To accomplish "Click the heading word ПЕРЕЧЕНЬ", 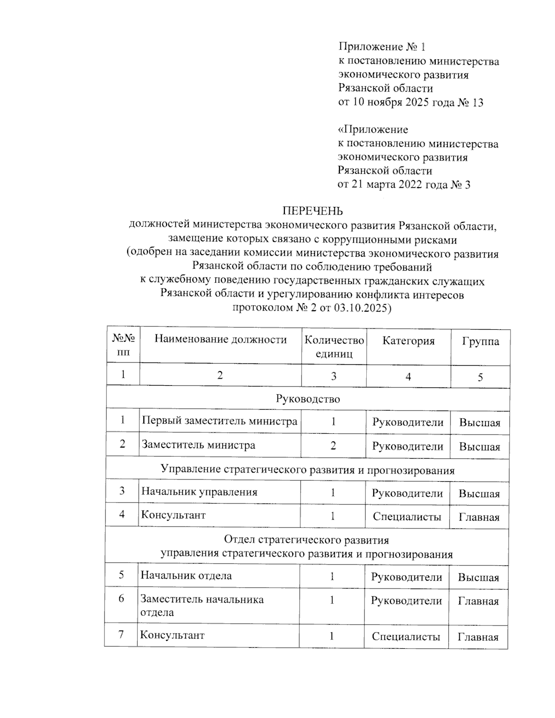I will pyautogui.click(x=313, y=211).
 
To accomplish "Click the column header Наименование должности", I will pyautogui.click(x=220, y=340).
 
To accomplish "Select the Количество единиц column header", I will pyautogui.click(x=334, y=347).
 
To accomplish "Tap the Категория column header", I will pyautogui.click(x=408, y=341).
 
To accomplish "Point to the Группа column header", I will pyautogui.click(x=481, y=342).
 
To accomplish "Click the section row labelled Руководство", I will pyautogui.click(x=308, y=399).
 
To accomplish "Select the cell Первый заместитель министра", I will pyautogui.click(x=219, y=421).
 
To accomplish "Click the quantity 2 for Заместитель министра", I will pyautogui.click(x=333, y=446).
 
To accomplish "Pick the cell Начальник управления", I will pyautogui.click(x=199, y=492).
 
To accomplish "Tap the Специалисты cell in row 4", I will pyautogui.click(x=407, y=517).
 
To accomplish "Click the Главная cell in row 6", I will pyautogui.click(x=478, y=601).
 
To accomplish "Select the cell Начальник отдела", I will pyautogui.click(x=186, y=576).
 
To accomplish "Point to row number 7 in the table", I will pyautogui.click(x=121, y=634).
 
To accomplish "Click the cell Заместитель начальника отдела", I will pyautogui.click(x=202, y=606).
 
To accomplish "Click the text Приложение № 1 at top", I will pyautogui.click(x=382, y=47).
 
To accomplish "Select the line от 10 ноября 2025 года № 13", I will pyautogui.click(x=411, y=102).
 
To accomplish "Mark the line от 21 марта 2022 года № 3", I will pyautogui.click(x=404, y=185).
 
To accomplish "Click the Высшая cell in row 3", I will pyautogui.click(x=479, y=494).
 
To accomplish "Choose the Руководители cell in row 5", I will pyautogui.click(x=407, y=577).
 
